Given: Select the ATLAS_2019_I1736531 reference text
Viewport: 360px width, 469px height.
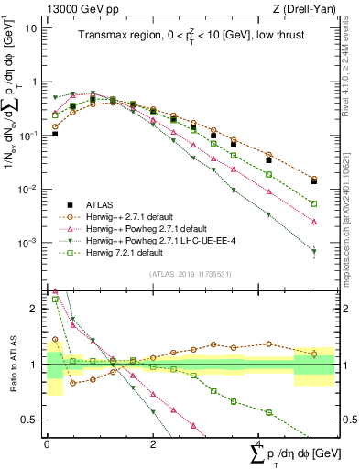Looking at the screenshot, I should (x=183, y=273).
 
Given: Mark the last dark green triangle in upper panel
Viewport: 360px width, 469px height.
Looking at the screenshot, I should (x=314, y=251).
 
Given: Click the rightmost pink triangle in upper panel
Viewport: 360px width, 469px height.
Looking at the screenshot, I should (x=314, y=222).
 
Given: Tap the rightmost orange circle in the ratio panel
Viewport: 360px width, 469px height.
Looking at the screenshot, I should (x=314, y=354).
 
